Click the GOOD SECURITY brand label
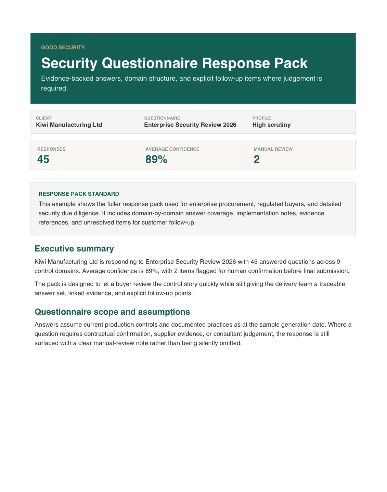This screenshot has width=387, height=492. [63, 47]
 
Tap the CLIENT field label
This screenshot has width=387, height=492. [43, 118]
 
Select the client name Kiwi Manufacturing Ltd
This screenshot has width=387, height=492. [69, 125]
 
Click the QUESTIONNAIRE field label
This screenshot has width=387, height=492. [162, 118]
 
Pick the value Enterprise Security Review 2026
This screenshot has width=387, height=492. [190, 125]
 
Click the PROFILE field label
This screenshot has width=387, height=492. [261, 118]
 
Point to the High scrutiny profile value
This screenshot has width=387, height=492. [271, 125]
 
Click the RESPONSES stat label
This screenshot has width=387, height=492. [51, 149]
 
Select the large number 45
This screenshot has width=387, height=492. [43, 159]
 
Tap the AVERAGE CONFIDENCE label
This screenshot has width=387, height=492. [172, 149]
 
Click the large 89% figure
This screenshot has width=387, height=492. [156, 159]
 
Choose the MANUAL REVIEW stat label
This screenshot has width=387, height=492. [273, 149]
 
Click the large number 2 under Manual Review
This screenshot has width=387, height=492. [257, 159]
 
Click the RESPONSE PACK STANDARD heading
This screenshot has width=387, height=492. [79, 194]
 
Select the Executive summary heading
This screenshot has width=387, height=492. [74, 249]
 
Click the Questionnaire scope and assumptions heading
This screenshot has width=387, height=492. [112, 312]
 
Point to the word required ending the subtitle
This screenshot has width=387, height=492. [54, 88]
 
